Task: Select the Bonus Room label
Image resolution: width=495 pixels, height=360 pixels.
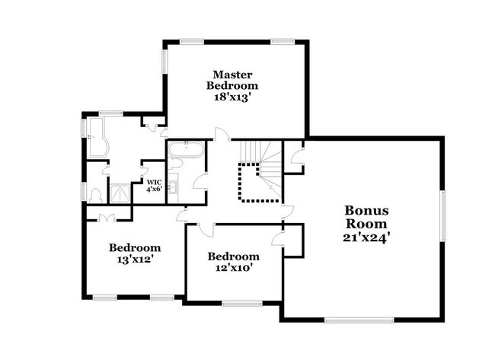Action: pos(367,217)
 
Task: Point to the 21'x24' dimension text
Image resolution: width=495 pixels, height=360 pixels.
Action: pos(367,237)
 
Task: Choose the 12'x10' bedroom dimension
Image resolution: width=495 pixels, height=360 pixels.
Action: pos(234,269)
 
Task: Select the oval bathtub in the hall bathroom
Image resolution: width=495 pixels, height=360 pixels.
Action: pos(185,149)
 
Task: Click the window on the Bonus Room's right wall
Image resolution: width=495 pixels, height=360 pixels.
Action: pos(441,216)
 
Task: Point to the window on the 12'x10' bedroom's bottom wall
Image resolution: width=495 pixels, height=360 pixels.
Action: pos(241,304)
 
